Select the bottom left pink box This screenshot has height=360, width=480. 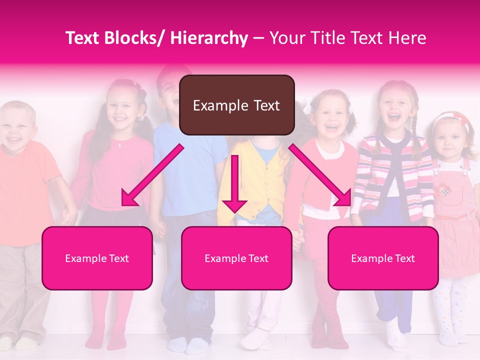point(97,258)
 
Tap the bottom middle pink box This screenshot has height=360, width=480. point(236,258)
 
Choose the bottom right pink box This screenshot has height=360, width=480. point(383,258)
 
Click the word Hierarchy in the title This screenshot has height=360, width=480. point(209,38)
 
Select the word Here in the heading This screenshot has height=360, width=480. point(407,38)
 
